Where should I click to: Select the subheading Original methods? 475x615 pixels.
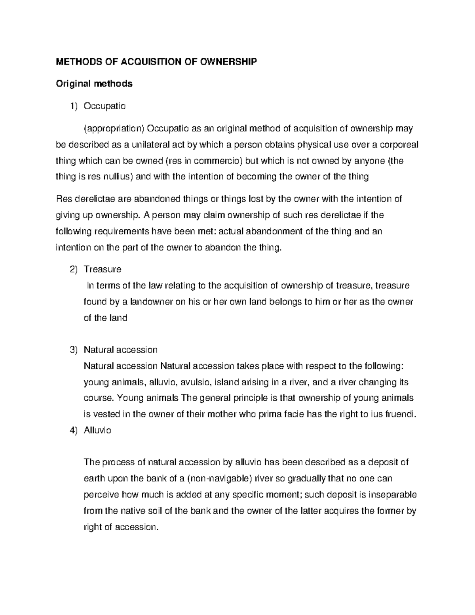pos(94,84)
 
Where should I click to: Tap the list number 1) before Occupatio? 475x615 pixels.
pos(74,106)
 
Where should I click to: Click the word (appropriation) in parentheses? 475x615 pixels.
pos(114,128)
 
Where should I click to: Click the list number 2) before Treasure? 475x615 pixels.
pos(74,269)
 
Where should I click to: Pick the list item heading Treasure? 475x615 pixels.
pos(103,269)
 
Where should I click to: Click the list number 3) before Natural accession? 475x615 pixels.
pos(74,350)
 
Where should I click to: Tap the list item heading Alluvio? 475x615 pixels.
pos(97,430)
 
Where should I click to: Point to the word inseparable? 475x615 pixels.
pos(393,495)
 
